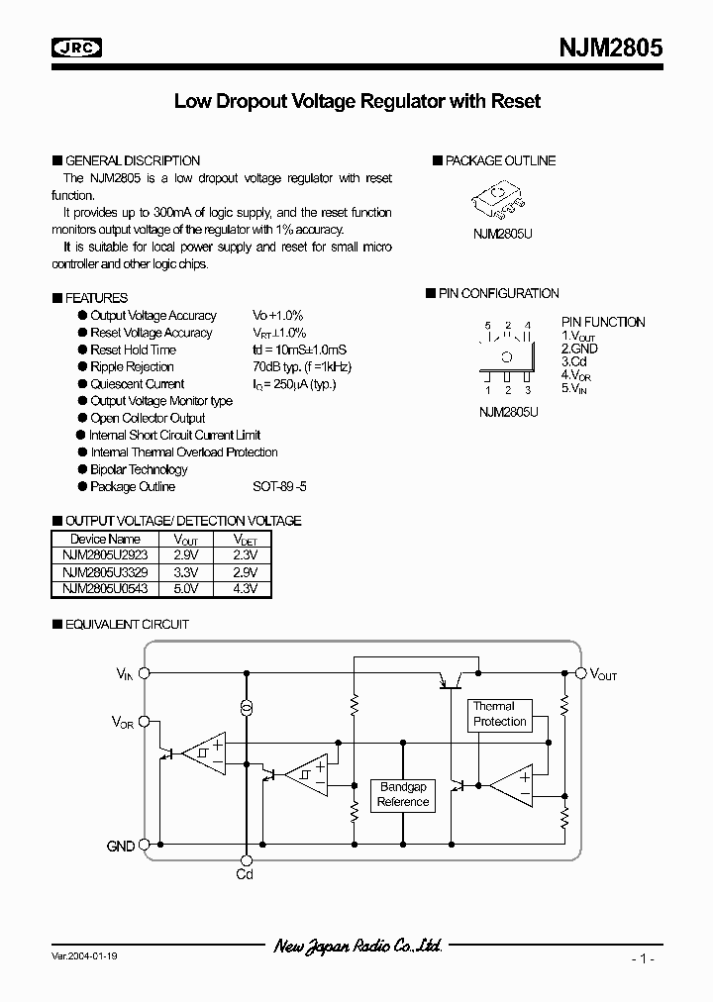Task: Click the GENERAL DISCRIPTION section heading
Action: (x=132, y=160)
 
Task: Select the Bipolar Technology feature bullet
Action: (x=138, y=469)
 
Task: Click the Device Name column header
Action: (x=106, y=539)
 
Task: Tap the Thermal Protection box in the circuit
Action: (x=500, y=714)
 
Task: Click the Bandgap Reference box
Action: (x=403, y=795)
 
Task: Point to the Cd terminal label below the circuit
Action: (x=245, y=874)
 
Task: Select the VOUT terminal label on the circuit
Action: (x=604, y=674)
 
